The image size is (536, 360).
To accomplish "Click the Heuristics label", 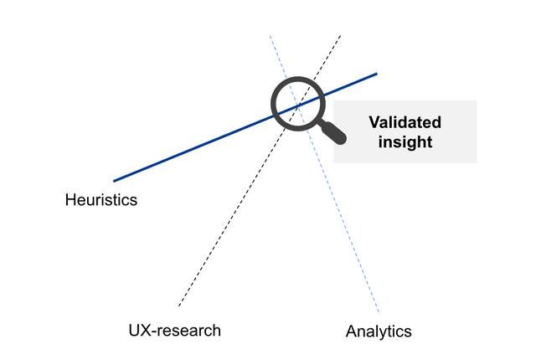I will [x=100, y=200].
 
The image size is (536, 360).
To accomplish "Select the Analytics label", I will [x=379, y=332].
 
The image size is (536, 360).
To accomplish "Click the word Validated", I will [x=405, y=122].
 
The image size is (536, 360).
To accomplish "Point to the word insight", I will [x=405, y=142].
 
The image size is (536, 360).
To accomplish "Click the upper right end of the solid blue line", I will [x=377, y=74].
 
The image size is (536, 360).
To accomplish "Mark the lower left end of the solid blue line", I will [x=114, y=181].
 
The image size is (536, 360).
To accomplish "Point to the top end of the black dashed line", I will [x=341, y=35].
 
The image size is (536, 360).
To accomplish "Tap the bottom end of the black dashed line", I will [x=178, y=306].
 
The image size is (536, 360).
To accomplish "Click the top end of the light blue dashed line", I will [x=270, y=35].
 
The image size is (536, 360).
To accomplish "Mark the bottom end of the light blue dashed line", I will [x=379, y=312].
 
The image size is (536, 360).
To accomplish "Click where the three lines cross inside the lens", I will [x=298, y=105].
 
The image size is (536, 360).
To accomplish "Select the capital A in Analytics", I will [x=352, y=332].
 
